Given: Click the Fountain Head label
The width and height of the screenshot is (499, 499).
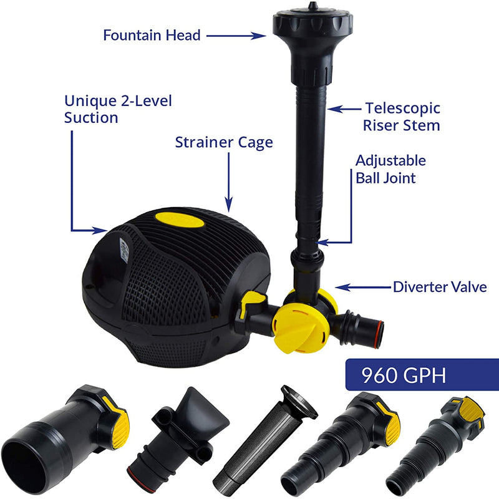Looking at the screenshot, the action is (x=152, y=35).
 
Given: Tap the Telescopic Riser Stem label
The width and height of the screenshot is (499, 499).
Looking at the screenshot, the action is (x=402, y=117).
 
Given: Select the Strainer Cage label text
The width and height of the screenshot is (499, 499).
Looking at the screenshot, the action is (x=224, y=142).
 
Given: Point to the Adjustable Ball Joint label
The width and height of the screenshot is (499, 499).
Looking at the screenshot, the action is (x=390, y=169).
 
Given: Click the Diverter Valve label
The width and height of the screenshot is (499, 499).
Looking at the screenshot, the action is (x=440, y=287).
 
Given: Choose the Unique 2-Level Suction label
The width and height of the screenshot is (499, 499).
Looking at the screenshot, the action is (x=118, y=109).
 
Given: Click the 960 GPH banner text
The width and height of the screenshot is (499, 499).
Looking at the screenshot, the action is (x=404, y=375).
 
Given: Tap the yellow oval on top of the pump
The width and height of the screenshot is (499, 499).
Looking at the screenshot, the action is (x=180, y=220).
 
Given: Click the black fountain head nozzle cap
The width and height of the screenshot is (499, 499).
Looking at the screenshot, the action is (x=312, y=21).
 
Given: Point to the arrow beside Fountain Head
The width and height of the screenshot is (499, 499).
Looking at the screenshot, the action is (x=236, y=36).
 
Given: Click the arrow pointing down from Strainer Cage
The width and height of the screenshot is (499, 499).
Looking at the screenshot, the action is (x=228, y=182).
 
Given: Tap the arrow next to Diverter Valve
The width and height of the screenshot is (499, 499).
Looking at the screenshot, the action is (x=363, y=287).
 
